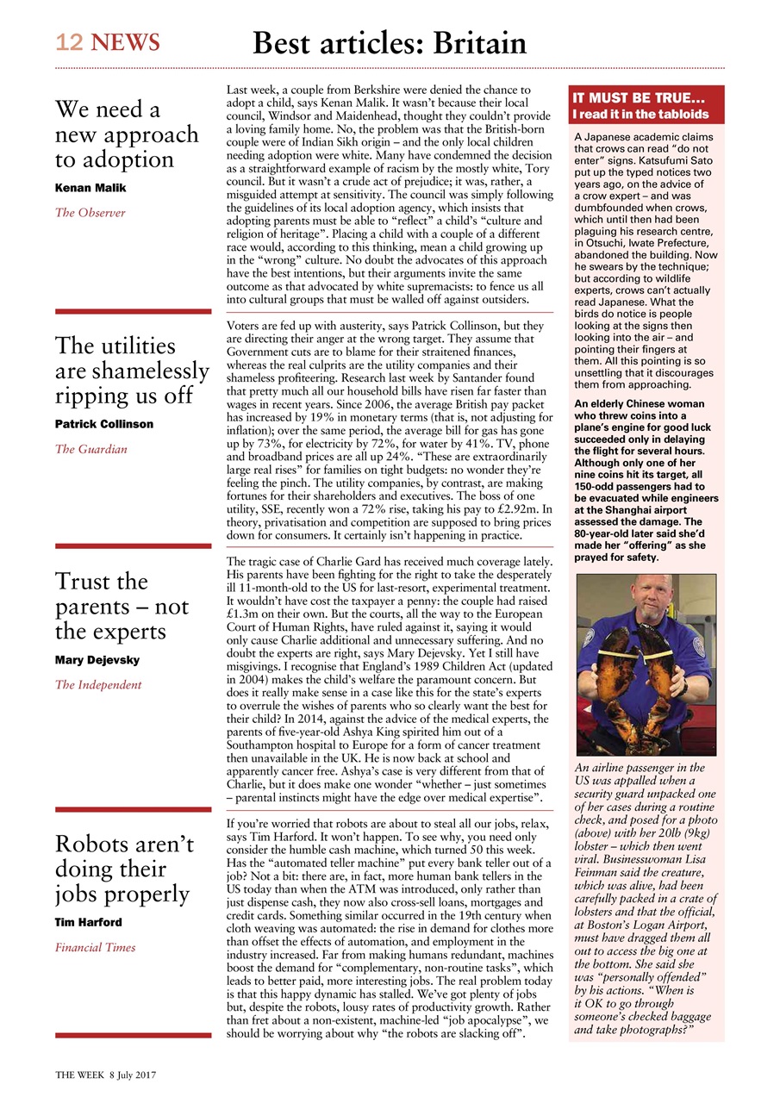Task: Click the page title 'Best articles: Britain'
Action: pos(389,42)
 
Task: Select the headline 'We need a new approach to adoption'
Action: pos(126,134)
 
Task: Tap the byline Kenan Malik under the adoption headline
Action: pos(90,187)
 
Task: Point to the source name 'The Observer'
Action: pos(90,213)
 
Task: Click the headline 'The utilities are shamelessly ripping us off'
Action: pos(132,371)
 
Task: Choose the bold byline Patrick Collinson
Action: pos(104,424)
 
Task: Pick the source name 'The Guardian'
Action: pos(91,449)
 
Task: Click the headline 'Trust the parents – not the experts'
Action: pos(122,607)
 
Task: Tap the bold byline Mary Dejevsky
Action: pos(97,660)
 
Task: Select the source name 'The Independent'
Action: pos(98,685)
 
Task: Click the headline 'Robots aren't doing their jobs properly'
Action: pos(122,869)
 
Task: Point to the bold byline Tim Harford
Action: pos(89,922)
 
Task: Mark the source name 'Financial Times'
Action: pos(96,948)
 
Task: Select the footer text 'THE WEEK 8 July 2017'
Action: pos(105,1075)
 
